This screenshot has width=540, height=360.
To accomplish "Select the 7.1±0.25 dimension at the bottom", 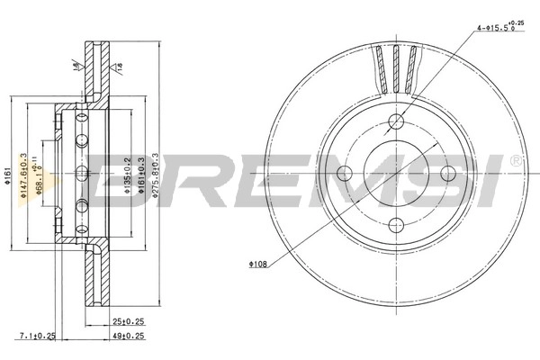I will point(38,337).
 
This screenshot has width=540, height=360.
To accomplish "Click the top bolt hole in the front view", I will point(397,121).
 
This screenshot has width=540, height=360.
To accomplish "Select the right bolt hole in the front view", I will point(446,172).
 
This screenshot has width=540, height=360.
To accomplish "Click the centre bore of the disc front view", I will point(397,172).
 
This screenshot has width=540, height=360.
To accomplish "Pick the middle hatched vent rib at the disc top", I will point(396,67).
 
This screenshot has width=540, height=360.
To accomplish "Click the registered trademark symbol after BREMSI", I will point(514,159).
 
